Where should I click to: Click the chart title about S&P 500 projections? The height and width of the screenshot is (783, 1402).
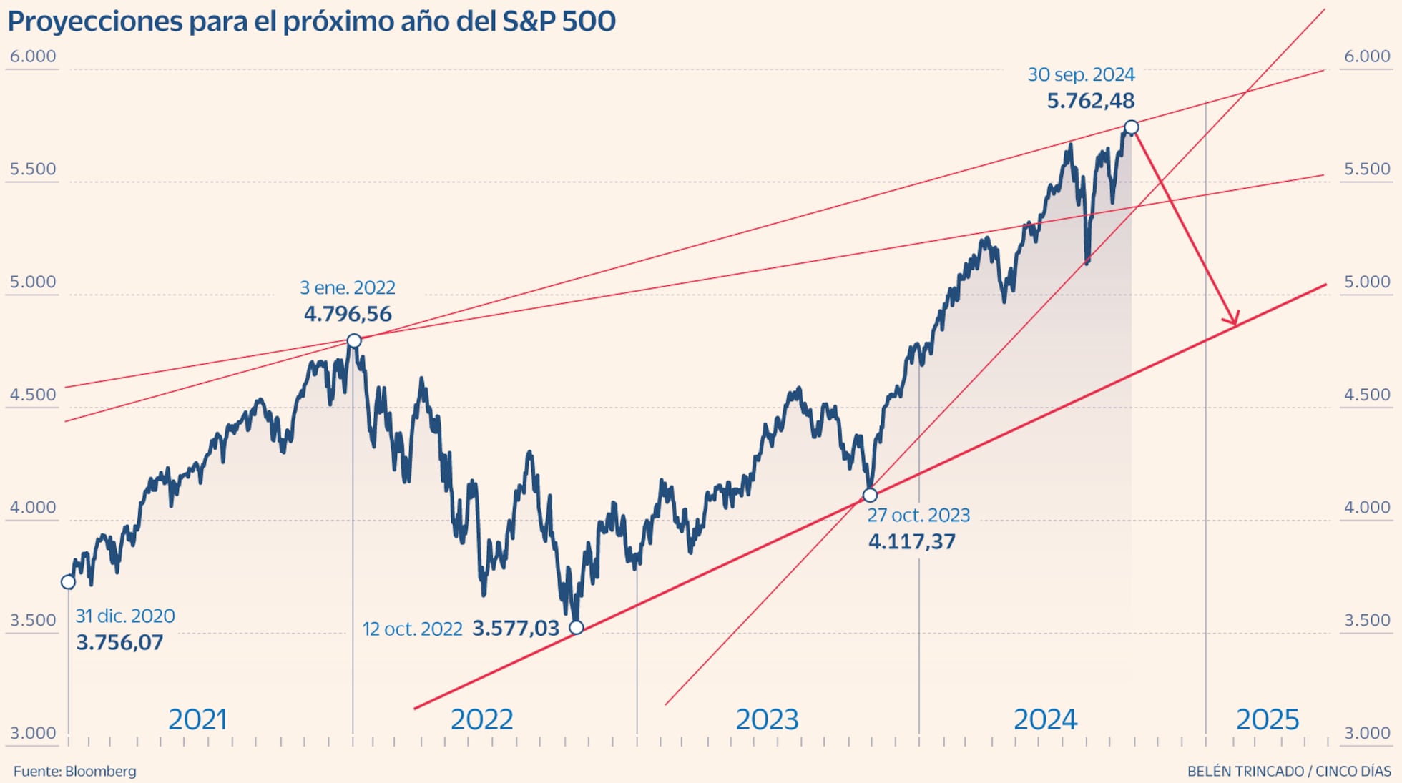tap(311, 21)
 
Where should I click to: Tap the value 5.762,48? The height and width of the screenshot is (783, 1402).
tap(1090, 101)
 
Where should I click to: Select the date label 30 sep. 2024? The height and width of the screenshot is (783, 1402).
tap(1081, 74)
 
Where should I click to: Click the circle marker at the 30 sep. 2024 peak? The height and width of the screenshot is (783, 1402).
tap(1131, 127)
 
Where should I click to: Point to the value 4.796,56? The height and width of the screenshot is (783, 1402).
tap(348, 314)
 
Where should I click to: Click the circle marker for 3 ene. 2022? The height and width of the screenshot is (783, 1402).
tap(354, 340)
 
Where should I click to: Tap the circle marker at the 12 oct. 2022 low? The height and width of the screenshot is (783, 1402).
tap(577, 628)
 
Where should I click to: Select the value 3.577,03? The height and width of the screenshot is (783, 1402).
tap(516, 629)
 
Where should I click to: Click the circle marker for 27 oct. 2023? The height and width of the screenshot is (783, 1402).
tap(870, 495)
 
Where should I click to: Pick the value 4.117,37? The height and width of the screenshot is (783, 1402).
tap(911, 541)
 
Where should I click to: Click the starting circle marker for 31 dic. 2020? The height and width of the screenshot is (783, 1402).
tap(68, 582)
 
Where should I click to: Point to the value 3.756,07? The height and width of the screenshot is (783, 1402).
tap(119, 642)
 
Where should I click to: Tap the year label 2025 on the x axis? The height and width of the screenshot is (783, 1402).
tap(1267, 719)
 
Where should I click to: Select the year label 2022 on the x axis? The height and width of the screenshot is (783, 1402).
tap(481, 719)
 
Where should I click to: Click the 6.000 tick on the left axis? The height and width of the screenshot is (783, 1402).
tap(33, 56)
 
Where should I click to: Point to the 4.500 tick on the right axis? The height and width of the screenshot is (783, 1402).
tap(1367, 395)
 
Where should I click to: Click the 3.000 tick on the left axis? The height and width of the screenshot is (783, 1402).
tap(33, 733)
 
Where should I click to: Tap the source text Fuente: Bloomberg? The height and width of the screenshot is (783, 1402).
tap(74, 772)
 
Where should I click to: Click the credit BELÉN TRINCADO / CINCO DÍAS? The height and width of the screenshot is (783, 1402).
tap(1288, 772)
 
